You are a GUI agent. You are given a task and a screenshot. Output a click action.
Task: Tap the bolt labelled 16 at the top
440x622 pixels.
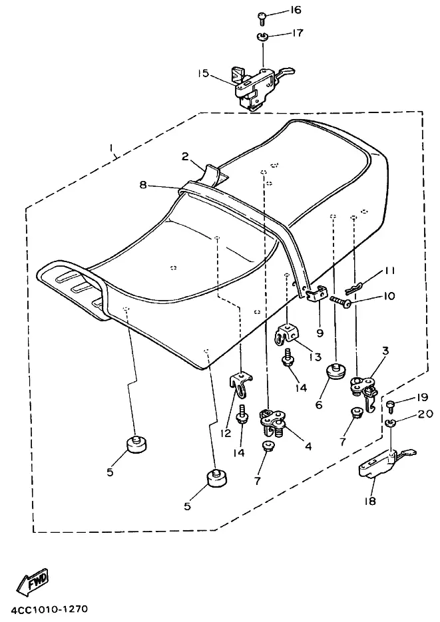click(262, 14)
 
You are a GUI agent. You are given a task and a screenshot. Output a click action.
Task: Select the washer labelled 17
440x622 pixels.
click(262, 35)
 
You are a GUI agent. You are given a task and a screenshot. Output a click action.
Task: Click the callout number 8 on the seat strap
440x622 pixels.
click(143, 186)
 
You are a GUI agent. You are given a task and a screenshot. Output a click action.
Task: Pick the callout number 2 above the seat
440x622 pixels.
click(186, 156)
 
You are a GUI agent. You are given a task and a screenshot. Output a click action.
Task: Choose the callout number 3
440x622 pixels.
click(385, 350)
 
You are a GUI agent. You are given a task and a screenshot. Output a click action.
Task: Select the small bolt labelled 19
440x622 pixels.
click(391, 403)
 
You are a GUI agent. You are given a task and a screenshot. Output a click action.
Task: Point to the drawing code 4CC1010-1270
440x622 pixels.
click(49, 609)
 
